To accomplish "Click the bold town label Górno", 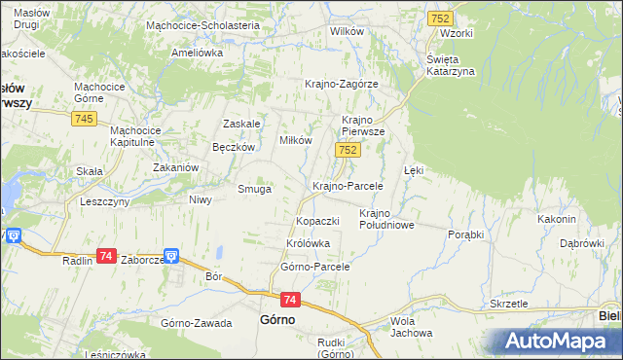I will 277,319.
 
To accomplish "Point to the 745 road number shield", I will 83,119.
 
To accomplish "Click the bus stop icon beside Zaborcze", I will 171,257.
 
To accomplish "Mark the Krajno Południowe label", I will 387,219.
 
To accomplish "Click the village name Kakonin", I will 557,219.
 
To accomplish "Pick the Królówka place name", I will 309,243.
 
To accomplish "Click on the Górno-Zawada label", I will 197,322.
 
